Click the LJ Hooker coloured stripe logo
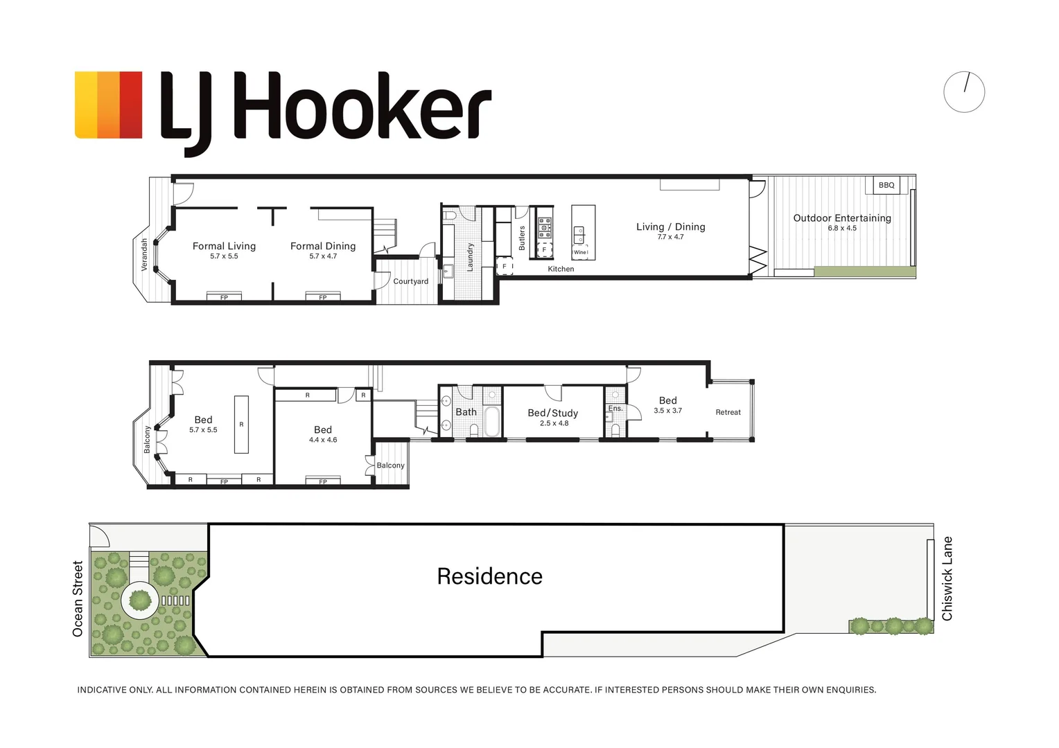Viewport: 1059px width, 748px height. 108,105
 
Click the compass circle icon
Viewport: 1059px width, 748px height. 963,91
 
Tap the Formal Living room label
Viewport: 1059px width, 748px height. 224,246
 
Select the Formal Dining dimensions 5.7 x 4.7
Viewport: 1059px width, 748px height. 323,256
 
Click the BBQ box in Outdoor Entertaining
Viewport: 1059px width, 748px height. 886,185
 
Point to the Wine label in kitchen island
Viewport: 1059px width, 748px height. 580,252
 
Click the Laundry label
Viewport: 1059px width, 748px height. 470,256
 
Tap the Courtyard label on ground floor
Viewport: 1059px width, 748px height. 410,281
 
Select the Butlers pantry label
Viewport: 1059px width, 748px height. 522,238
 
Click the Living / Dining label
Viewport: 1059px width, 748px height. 670,226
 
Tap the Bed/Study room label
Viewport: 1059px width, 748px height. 552,413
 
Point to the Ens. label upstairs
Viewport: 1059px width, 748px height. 615,409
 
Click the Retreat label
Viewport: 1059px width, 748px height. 728,412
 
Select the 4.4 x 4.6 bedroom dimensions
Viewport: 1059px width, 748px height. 323,440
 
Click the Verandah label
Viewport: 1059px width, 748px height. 144,254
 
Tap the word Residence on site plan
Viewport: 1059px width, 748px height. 489,576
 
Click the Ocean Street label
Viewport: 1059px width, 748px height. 78,598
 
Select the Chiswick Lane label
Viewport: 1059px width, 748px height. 947,578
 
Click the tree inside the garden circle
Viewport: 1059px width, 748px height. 140,600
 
